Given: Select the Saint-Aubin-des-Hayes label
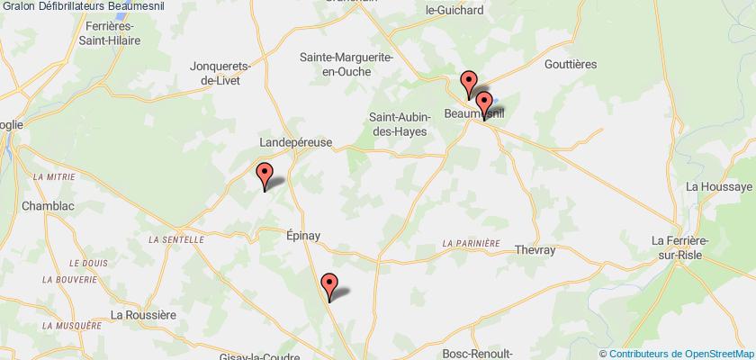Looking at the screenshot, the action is click(398, 123).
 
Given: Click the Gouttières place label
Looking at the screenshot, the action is click(571, 65).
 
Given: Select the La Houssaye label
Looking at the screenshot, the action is click(718, 186).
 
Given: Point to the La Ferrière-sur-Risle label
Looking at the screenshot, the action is click(703, 247).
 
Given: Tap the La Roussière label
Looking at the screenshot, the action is click(140, 314).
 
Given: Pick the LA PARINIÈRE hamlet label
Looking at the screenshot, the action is click(471, 243).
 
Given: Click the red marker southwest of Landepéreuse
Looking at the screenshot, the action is click(264, 174).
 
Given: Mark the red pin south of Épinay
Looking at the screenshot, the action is click(329, 284).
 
